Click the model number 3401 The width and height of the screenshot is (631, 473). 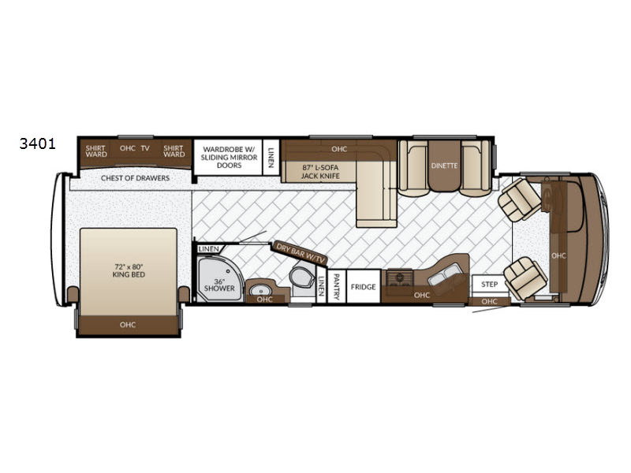(37, 143)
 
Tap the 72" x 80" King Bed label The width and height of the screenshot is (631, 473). (129, 270)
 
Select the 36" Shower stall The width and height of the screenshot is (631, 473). (219, 280)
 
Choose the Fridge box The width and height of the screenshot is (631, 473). (364, 287)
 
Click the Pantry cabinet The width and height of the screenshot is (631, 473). (337, 287)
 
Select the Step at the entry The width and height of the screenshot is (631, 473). (489, 285)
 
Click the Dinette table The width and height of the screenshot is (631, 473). (444, 166)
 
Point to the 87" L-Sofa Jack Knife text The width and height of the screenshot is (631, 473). (320, 172)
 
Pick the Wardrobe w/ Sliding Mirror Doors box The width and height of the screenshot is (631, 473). (229, 157)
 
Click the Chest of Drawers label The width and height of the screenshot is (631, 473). (135, 178)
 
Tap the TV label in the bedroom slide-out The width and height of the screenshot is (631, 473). (145, 148)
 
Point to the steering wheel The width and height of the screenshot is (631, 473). (547, 199)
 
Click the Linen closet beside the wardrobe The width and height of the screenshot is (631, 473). (271, 157)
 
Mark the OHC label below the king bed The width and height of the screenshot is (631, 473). (128, 325)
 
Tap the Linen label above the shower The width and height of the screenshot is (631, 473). (208, 249)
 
